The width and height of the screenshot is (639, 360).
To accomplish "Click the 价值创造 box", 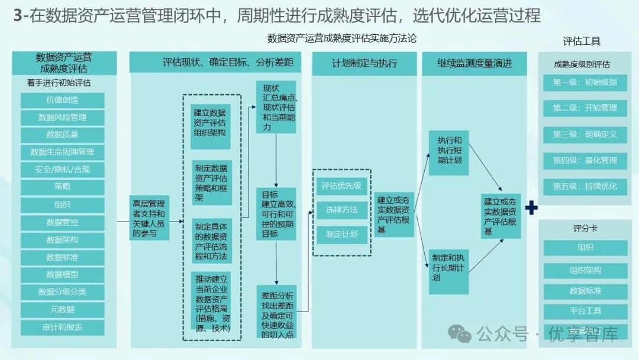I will point(62,100).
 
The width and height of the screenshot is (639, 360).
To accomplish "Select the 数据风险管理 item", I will point(62,117).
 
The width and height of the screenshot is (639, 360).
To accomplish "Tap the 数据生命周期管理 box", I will point(62,152).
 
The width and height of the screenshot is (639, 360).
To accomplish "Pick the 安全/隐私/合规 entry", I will point(62,170).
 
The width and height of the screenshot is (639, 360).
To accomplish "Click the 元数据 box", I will point(62,309).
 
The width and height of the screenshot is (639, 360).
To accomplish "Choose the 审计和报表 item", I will point(62,327).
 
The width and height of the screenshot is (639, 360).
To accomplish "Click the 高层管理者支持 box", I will point(150,217).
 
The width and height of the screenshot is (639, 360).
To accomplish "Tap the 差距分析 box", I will point(277,311).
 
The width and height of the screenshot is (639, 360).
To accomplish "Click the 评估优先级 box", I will point(341,185).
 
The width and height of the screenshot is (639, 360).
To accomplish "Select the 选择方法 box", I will point(341,210).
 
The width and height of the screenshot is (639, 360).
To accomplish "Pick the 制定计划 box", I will point(341,234).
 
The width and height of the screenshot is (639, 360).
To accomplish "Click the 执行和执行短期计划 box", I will point(449,151).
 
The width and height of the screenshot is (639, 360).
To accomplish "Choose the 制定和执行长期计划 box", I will point(448,268).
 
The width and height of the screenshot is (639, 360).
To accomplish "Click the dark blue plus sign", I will point(531,208).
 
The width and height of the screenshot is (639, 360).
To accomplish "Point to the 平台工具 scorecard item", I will point(585,311).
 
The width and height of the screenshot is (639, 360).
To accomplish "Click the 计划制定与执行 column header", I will point(364,63).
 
